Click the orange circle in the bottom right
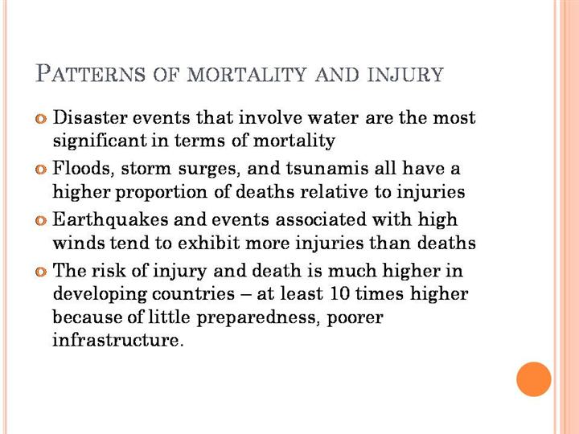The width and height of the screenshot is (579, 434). point(533,379)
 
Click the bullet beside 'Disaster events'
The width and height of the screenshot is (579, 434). point(42,119)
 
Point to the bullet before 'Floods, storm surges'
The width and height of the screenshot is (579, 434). point(42,170)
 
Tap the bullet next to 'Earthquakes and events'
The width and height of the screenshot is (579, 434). point(42,220)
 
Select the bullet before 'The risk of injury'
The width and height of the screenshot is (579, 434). point(42,272)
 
